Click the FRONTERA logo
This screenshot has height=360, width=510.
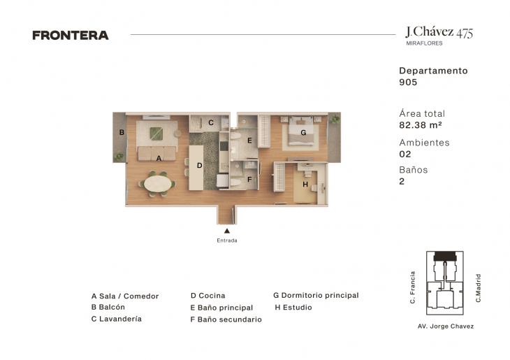point(71,35)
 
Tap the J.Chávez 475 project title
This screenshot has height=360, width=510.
point(439,32)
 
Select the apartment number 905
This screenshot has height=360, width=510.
point(408,82)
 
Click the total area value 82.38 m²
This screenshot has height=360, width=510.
point(421,125)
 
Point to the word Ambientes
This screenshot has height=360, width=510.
point(425,143)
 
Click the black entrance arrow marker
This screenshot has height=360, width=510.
point(227,231)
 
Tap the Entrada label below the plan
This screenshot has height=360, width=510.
point(227,240)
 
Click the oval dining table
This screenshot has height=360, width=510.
point(158,184)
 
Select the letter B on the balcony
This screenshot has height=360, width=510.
point(122,133)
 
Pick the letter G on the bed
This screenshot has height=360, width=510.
point(303,133)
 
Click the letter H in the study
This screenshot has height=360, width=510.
point(305,185)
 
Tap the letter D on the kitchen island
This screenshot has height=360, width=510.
point(199,166)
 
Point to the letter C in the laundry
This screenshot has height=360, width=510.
point(211,123)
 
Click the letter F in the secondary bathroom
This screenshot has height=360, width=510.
point(249,180)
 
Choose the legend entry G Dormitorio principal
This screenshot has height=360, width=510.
point(316,295)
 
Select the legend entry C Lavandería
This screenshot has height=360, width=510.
point(117,319)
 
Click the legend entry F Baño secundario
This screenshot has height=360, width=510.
point(226,319)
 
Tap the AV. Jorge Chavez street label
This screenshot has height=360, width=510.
point(446,326)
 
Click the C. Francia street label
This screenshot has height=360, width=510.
point(413,288)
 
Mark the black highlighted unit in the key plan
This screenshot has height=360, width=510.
point(445,256)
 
